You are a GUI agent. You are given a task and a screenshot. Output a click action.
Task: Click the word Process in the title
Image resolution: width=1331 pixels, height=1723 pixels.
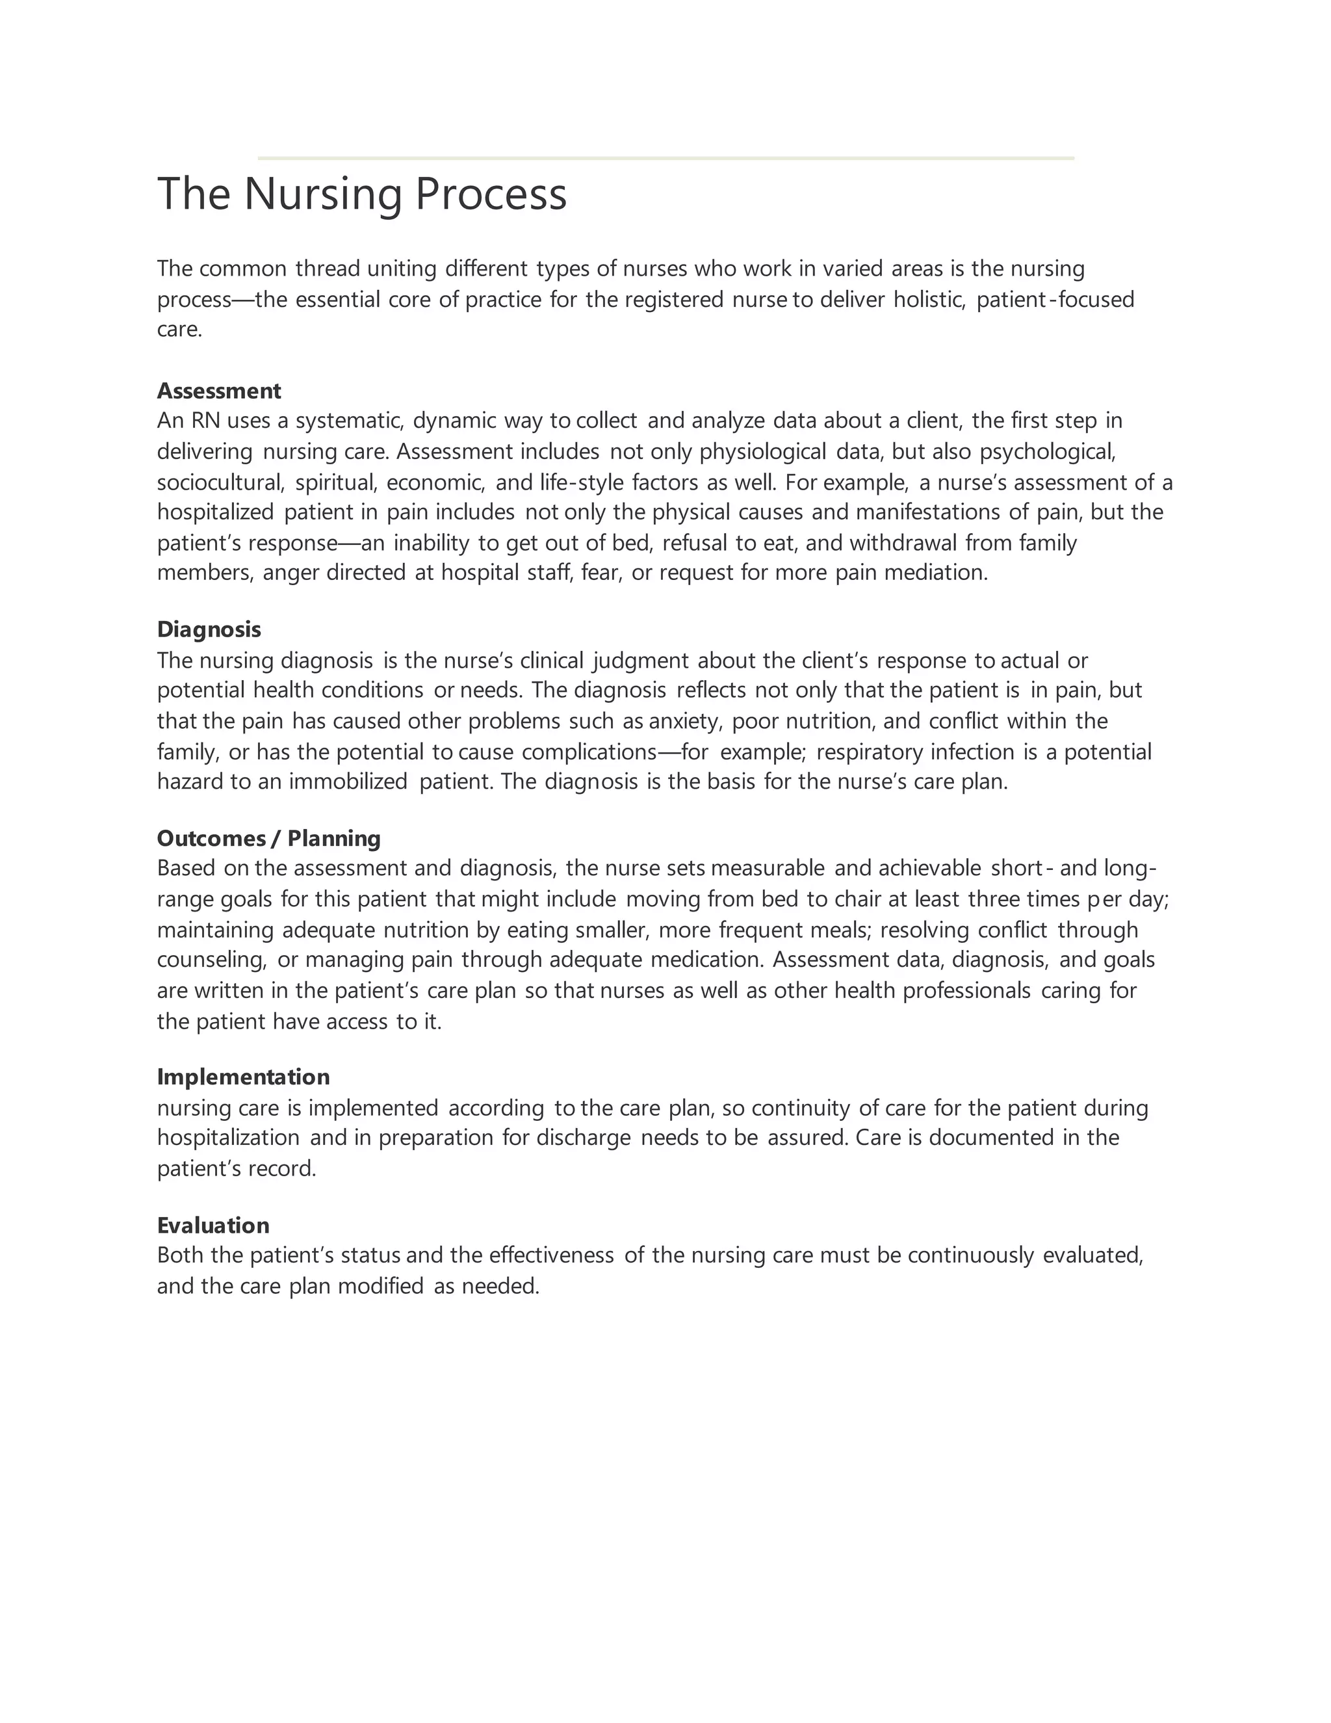tap(491, 194)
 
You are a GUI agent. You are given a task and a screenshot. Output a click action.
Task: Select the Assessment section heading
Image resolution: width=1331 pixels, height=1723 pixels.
tap(218, 391)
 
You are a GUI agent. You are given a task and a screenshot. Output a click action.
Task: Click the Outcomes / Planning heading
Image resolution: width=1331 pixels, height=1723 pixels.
tap(268, 838)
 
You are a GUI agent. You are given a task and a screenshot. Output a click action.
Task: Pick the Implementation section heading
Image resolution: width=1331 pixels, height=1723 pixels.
tap(243, 1077)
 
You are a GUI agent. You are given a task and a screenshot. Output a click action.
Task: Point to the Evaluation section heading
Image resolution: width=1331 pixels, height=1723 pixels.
tap(213, 1225)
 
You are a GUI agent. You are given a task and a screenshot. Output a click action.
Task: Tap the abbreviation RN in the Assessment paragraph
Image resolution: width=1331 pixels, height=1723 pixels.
tap(205, 421)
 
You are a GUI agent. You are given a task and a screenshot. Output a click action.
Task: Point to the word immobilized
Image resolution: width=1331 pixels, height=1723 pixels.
tap(348, 782)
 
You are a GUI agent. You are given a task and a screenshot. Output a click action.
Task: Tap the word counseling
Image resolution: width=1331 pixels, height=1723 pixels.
tap(212, 960)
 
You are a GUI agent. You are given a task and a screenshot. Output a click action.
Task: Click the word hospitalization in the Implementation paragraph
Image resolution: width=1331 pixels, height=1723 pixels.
tap(228, 1138)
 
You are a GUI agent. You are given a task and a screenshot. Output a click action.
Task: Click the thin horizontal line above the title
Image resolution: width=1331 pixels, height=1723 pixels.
tap(665, 159)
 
